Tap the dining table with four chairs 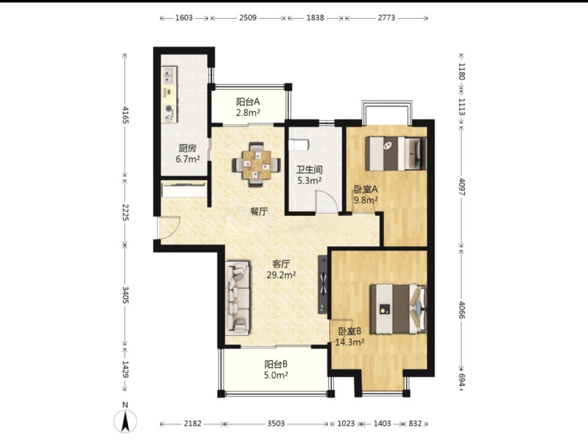pyautogui.click(x=256, y=164)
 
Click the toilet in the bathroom pyautogui.click(x=299, y=144)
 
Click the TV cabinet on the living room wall pyautogui.click(x=323, y=284)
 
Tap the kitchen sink pyautogui.click(x=168, y=76)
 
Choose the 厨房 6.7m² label pyautogui.click(x=187, y=154)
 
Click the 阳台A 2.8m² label pyautogui.click(x=248, y=107)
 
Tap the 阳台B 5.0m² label pyautogui.click(x=276, y=370)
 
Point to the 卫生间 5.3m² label pyautogui.click(x=309, y=175)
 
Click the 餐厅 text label pyautogui.click(x=258, y=212)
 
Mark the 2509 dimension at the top pyautogui.click(x=248, y=18)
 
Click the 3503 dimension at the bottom pyautogui.click(x=276, y=423)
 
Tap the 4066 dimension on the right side pyautogui.click(x=461, y=310)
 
